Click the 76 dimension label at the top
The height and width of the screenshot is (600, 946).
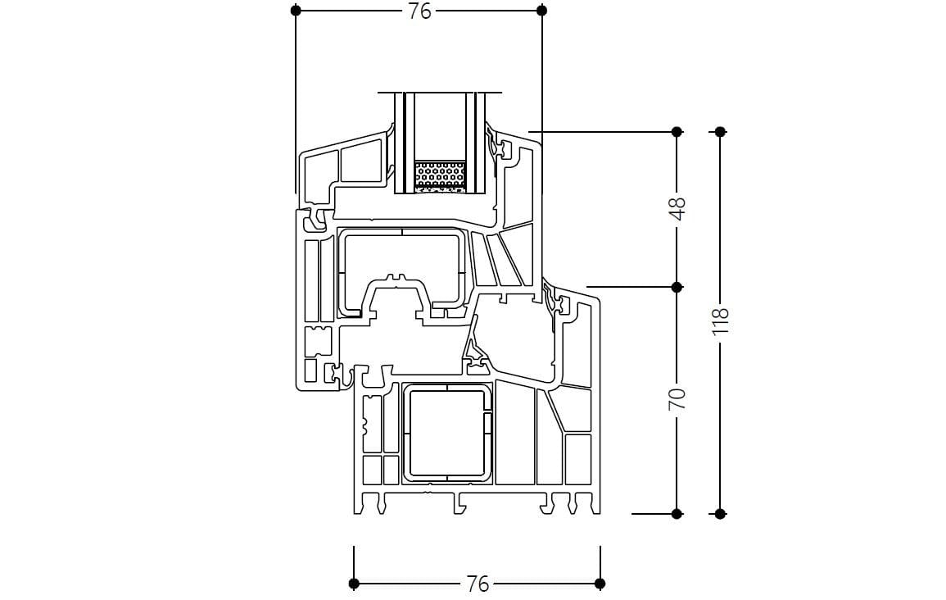(x=419, y=11)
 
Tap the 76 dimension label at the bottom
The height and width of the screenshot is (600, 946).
(x=477, y=584)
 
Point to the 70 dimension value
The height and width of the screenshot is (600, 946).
(x=677, y=399)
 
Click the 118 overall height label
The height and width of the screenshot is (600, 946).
(x=720, y=320)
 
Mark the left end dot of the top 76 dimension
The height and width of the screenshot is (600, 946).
(x=296, y=11)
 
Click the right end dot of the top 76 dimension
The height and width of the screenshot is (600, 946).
(x=541, y=11)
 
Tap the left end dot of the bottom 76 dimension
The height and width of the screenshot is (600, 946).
(x=354, y=584)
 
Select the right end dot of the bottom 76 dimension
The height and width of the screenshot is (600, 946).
(x=600, y=584)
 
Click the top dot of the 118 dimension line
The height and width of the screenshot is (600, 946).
(x=720, y=131)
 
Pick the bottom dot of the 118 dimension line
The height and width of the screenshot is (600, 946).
(x=720, y=514)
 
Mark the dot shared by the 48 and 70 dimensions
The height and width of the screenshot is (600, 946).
(x=677, y=287)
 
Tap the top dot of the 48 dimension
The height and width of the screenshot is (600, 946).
(x=677, y=131)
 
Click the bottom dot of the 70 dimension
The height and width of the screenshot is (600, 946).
(x=677, y=514)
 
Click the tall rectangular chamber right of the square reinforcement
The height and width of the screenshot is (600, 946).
(x=514, y=434)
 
